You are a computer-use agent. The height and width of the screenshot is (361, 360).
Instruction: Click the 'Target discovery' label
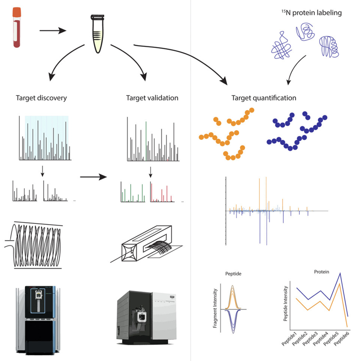[x=41, y=98]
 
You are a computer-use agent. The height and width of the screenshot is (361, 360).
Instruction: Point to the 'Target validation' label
[x=152, y=98]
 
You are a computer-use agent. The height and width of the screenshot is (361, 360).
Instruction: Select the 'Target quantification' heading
[x=264, y=98]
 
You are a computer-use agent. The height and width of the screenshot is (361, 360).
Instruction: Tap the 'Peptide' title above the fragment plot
[x=233, y=274]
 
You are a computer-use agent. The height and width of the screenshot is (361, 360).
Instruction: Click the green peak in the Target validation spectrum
[x=146, y=140]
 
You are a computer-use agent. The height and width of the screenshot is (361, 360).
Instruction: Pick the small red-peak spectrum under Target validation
[x=162, y=192]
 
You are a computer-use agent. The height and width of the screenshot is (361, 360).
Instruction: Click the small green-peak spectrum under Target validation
[x=133, y=192]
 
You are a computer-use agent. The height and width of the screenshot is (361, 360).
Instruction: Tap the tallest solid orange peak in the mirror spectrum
[x=259, y=194]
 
